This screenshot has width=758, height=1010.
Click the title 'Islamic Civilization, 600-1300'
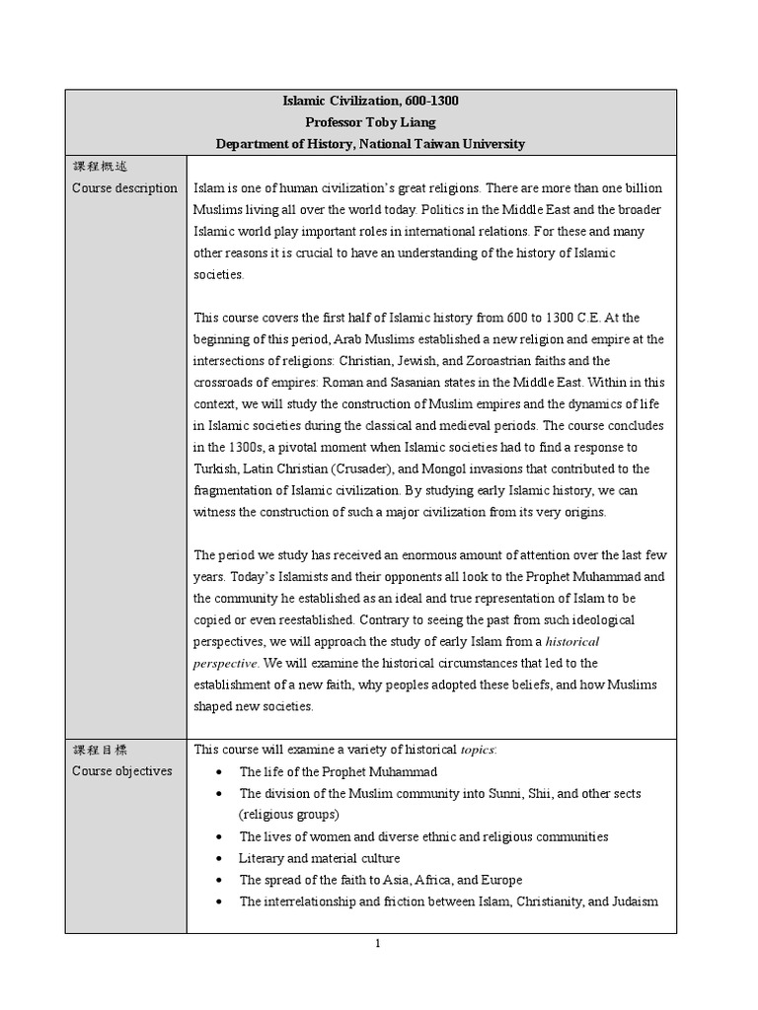(370, 101)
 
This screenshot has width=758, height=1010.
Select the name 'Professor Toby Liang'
(370, 122)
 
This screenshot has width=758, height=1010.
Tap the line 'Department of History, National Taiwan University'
(370, 144)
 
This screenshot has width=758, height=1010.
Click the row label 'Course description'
(125, 188)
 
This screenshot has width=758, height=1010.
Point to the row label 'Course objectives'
(122, 771)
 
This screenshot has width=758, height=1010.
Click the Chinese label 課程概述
(100, 167)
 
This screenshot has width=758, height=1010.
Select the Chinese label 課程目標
(100, 750)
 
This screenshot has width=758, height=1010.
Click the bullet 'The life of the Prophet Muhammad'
(338, 772)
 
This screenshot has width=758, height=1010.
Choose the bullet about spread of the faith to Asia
(381, 880)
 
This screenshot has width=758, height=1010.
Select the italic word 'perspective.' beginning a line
(228, 663)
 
